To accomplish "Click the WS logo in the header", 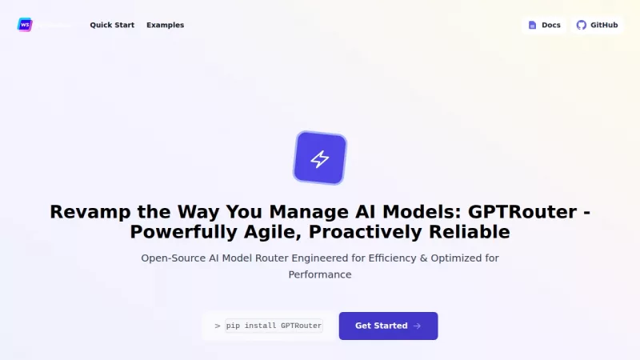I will (25, 25).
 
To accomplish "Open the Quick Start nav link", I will (112, 25).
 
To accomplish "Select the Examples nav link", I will (165, 25).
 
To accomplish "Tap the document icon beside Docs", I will (533, 25).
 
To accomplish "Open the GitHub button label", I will (604, 25).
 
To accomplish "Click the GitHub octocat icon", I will (582, 25).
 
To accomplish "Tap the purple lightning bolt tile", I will (320, 158).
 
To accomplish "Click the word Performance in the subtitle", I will (320, 274).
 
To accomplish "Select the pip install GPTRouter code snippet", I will (274, 326).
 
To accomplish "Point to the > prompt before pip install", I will (218, 326).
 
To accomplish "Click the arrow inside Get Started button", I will (417, 326).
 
